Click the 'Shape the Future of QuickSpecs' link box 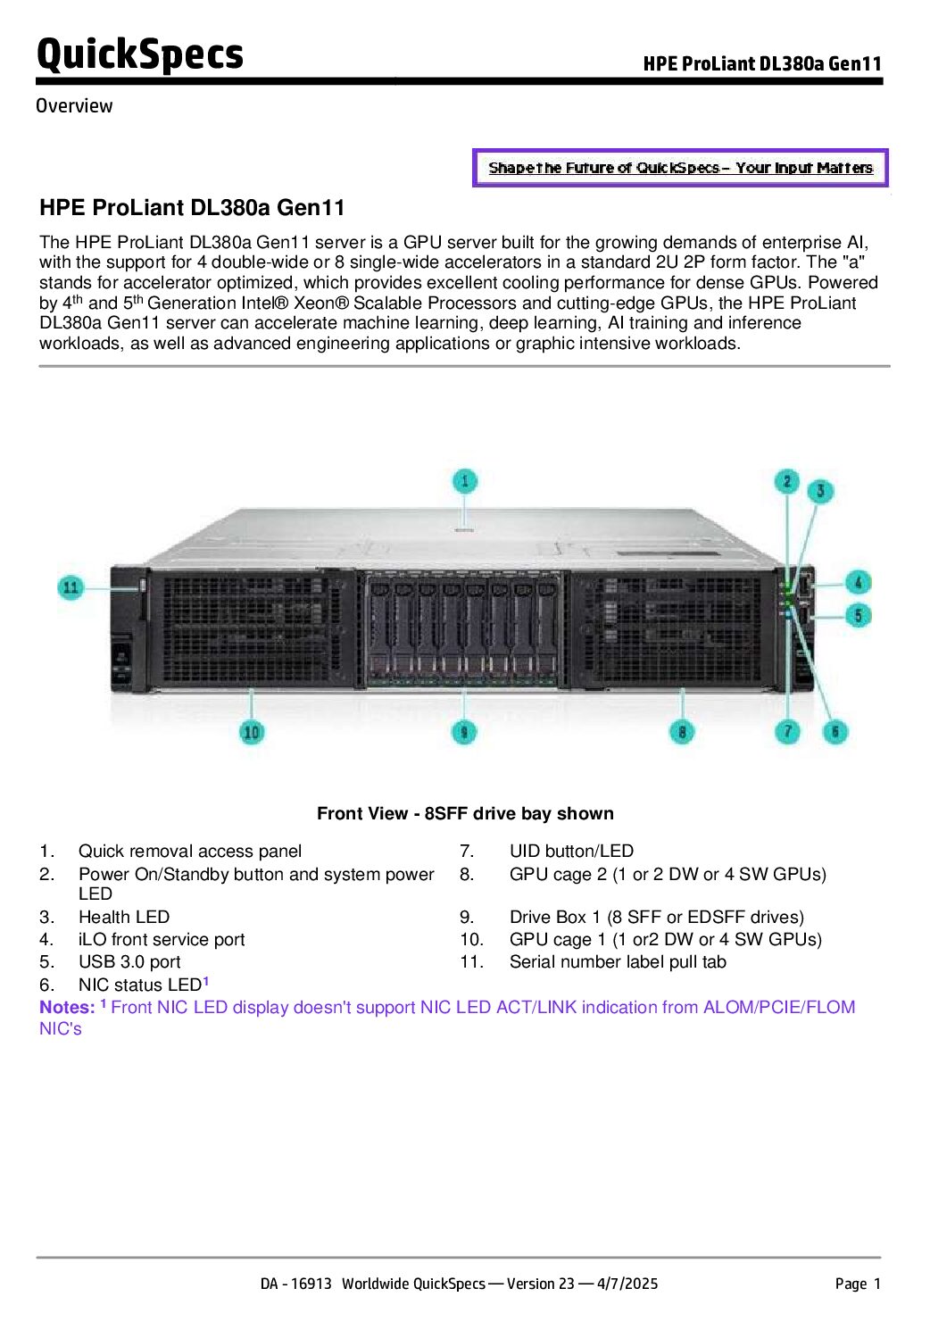(x=680, y=168)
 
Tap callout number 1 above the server (x=465, y=482)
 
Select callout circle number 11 (x=71, y=587)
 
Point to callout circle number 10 (x=252, y=732)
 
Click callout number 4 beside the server (x=858, y=583)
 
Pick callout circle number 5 (x=858, y=615)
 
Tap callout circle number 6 (x=835, y=732)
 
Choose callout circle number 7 (x=787, y=732)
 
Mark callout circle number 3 (x=820, y=490)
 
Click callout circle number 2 (x=786, y=482)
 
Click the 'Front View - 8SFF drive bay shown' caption (x=465, y=813)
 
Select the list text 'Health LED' (x=123, y=917)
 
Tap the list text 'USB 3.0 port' (x=129, y=961)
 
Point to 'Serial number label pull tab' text (x=618, y=961)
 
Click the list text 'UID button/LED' (x=571, y=851)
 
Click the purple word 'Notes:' (x=67, y=1007)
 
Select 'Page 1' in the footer (x=858, y=1284)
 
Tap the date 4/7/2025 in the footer (x=627, y=1284)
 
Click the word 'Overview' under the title (x=74, y=105)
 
